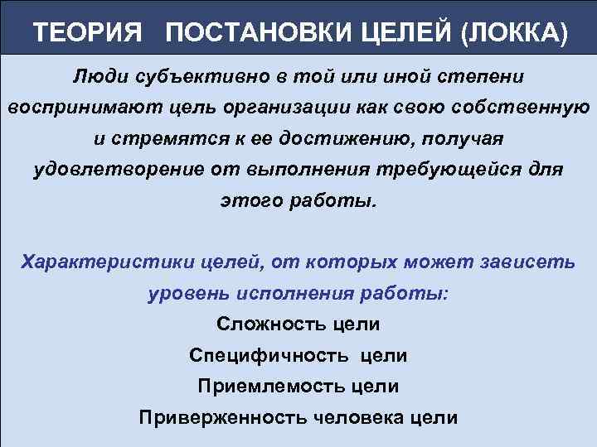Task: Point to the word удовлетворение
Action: (115, 170)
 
